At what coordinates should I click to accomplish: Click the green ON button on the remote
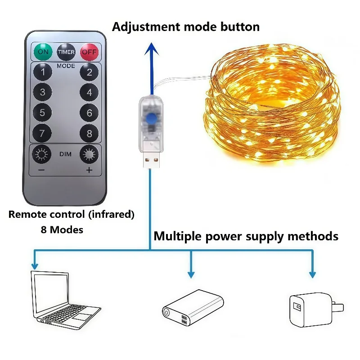point(43,52)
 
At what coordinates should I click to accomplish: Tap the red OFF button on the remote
point(89,52)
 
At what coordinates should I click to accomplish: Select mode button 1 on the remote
point(43,72)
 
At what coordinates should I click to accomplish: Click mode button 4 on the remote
point(89,93)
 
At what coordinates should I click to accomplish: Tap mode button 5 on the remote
point(43,113)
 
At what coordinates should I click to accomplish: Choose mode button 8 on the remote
point(89,134)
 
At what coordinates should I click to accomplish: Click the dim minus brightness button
point(42,155)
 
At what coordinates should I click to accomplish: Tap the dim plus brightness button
point(89,155)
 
